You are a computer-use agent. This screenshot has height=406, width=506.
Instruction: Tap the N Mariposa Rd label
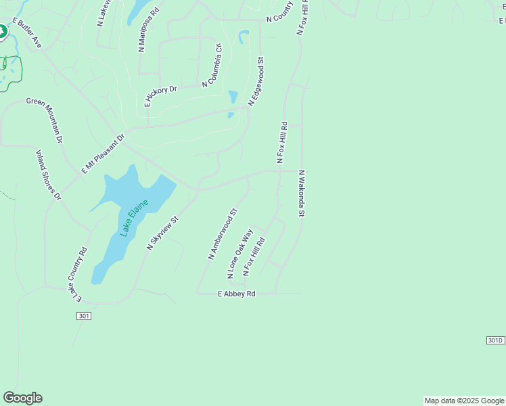click(147, 30)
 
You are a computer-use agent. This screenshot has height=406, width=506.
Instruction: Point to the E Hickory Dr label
click(160, 96)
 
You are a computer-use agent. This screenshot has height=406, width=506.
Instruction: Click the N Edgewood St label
click(256, 81)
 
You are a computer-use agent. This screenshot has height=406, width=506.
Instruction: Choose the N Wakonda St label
click(302, 194)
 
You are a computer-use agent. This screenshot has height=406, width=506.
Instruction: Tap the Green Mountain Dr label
click(45, 120)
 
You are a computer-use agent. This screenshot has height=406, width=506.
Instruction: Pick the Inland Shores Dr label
click(48, 175)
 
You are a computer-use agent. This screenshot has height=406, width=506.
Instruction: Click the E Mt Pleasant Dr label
click(103, 154)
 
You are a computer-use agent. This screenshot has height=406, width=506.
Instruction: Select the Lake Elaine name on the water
click(134, 214)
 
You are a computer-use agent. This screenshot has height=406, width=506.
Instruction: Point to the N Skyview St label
click(162, 233)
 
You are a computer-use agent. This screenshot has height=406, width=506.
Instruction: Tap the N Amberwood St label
click(223, 234)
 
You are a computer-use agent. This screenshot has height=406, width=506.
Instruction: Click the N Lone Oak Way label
click(240, 254)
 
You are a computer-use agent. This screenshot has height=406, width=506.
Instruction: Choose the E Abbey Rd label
click(236, 294)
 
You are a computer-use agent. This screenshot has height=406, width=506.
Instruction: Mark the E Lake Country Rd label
click(77, 273)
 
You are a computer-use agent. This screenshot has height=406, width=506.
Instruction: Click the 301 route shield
click(84, 316)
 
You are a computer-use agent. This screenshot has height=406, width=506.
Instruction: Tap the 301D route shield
click(495, 340)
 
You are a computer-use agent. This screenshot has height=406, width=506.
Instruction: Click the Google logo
click(22, 398)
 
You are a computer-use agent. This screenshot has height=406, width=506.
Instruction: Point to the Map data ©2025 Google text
click(464, 401)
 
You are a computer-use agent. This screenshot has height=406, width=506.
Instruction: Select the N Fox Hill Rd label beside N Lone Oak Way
click(254, 256)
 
